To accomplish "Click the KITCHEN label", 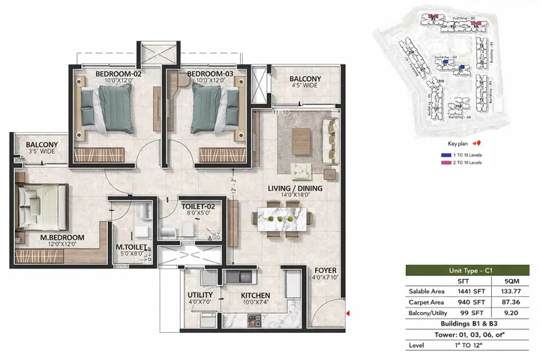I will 255,295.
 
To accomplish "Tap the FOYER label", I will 325,271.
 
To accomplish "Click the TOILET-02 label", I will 198,205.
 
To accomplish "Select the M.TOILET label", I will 130,247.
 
